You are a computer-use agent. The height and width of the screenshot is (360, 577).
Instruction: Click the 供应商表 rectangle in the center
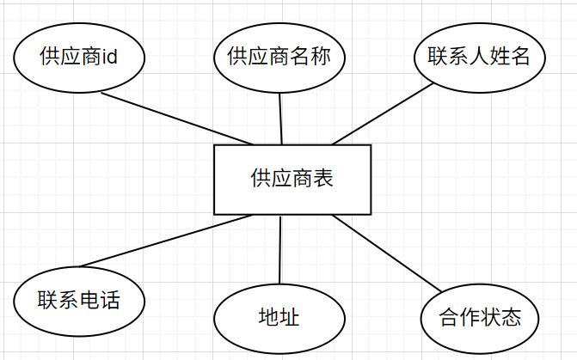(292, 180)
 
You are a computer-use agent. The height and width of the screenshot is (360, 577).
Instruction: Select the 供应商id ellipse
(78, 58)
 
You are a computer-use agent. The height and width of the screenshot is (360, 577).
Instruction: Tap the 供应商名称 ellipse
(279, 58)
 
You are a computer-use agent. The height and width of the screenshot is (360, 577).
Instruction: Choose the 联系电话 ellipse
(78, 301)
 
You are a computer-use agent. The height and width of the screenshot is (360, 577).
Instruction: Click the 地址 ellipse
(279, 318)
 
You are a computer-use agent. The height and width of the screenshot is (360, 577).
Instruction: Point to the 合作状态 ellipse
(479, 318)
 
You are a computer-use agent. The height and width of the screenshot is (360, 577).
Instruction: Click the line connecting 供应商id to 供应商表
(176, 119)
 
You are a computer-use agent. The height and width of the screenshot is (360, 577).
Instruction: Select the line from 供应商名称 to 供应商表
(281, 117)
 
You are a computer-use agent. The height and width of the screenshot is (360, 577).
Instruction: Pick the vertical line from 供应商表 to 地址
(280, 249)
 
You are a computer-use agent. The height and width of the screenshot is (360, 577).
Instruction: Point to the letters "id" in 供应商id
(109, 58)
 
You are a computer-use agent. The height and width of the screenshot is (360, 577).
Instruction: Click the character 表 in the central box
(323, 180)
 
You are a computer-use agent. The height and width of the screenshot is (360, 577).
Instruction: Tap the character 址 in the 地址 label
(290, 318)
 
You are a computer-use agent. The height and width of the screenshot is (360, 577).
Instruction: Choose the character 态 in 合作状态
(511, 318)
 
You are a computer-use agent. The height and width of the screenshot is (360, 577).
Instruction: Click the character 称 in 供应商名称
(322, 58)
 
